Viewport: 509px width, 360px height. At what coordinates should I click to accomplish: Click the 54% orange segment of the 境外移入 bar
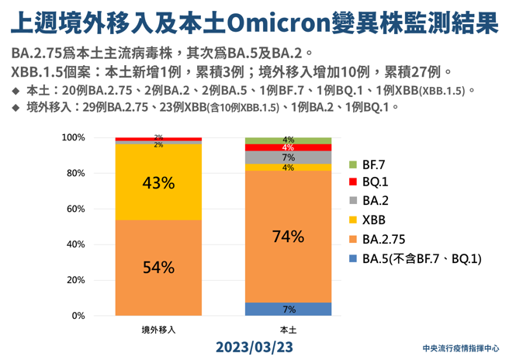[158, 267]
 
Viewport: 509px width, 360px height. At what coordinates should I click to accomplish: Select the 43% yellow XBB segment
[158, 182]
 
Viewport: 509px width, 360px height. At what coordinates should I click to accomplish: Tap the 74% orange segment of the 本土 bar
[288, 236]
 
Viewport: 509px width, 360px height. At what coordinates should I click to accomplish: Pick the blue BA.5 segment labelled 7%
[288, 309]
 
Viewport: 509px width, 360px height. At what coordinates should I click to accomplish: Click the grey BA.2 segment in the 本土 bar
[288, 157]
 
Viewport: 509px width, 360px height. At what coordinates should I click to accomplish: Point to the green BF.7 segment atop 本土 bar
[288, 140]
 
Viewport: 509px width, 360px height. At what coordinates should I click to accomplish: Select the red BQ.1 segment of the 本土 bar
[288, 147]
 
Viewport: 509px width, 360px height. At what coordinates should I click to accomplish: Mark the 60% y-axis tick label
[96, 209]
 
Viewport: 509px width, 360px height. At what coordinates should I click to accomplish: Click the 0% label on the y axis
[99, 316]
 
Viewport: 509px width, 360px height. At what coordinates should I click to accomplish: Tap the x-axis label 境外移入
[158, 329]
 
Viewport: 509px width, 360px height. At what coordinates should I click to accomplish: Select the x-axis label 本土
[288, 329]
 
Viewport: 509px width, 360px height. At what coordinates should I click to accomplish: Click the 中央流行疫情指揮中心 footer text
[461, 348]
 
